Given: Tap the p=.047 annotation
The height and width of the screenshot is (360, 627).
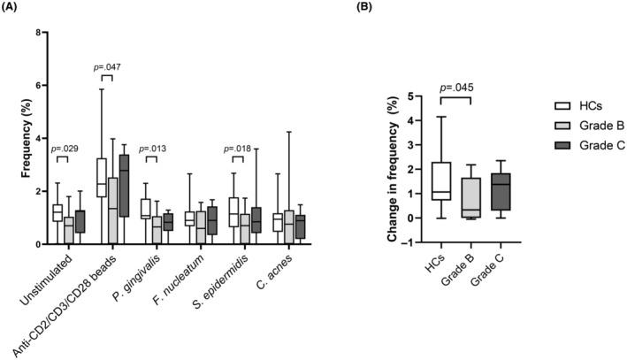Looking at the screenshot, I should [107, 66].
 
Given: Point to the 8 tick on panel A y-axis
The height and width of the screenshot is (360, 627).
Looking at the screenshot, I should [37, 33].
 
